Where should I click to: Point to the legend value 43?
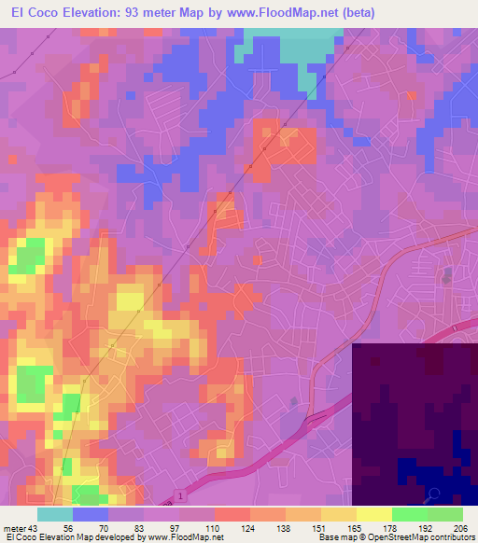30,525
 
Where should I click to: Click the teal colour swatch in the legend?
55,514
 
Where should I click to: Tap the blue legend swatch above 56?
91,514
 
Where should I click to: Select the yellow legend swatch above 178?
374,514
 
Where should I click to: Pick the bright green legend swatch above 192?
410,514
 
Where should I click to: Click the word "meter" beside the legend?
12,525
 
